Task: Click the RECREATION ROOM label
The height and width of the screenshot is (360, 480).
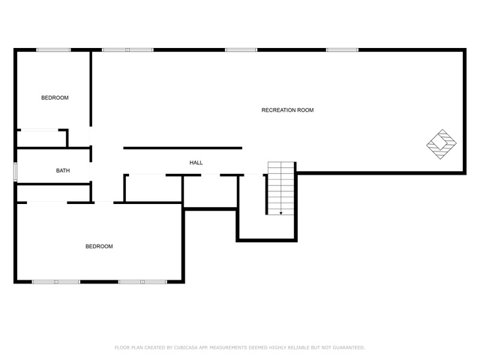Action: coord(287,110)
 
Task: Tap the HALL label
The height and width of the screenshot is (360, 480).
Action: coord(196,163)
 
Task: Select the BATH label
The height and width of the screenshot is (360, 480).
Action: coord(63,170)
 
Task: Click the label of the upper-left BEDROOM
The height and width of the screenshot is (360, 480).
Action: coord(55,97)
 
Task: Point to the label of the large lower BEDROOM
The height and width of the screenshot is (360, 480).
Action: coord(99,246)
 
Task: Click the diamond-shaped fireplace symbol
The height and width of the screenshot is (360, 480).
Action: coord(442,144)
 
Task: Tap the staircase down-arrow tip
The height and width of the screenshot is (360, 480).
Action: coord(280,214)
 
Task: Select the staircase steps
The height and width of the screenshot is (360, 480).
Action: coord(280,188)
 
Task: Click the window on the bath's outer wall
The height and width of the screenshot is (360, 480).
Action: coord(15,172)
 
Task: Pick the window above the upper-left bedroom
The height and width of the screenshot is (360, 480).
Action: coord(53,50)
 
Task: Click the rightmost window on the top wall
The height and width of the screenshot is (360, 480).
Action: coord(342,50)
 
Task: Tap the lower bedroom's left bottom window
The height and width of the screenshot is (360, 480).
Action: coord(56,282)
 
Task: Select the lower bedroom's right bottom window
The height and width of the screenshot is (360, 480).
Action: coord(142,282)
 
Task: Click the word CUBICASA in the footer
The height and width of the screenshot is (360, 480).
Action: coord(186,347)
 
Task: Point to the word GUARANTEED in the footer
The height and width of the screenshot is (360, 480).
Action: coord(349,347)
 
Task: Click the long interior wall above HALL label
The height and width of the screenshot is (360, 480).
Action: coord(183,148)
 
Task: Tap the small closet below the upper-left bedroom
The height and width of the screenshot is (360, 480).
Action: coord(42,139)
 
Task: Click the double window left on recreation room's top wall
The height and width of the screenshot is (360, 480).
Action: coord(127,50)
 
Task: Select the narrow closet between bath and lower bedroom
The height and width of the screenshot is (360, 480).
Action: coord(53,193)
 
